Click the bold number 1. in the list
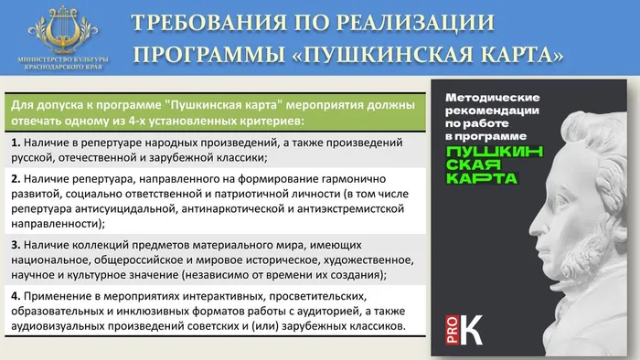coord(17,143)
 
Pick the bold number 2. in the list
coord(17,179)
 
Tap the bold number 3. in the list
coord(17,246)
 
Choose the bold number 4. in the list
coord(17,297)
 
